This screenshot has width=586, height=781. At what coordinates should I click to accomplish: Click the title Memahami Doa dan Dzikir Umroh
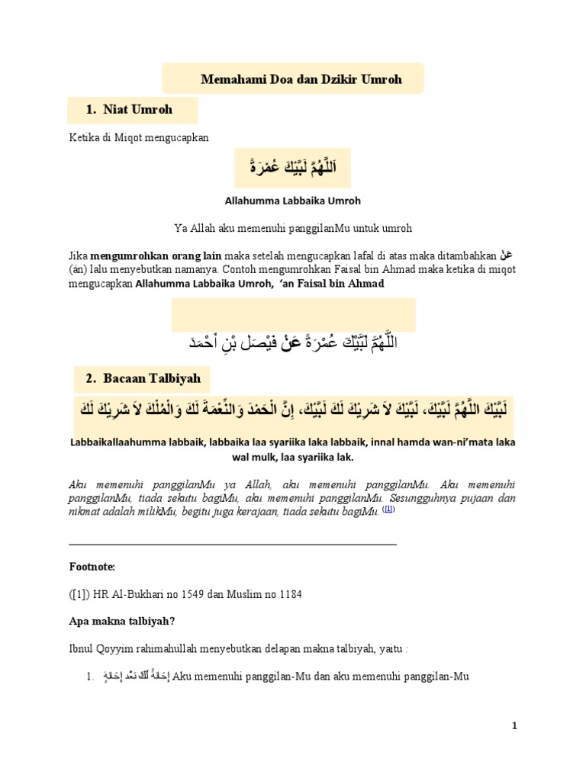tap(301, 79)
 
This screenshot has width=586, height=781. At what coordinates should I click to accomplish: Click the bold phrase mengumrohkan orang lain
tap(146, 255)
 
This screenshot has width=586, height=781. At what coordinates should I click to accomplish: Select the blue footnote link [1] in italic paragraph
tap(389, 509)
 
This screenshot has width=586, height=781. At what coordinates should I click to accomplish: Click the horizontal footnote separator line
tap(233, 545)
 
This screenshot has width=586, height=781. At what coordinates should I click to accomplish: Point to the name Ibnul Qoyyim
tap(98, 649)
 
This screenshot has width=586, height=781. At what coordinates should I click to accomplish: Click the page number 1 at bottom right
tap(515, 726)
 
